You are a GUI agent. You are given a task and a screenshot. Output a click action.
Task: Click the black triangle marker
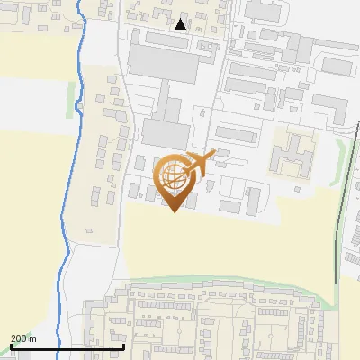[182, 24]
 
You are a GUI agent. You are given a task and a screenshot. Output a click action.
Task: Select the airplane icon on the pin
[199, 163]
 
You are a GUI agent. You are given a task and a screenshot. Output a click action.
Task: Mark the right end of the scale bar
[123, 346]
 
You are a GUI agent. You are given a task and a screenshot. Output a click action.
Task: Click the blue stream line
[62, 225]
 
